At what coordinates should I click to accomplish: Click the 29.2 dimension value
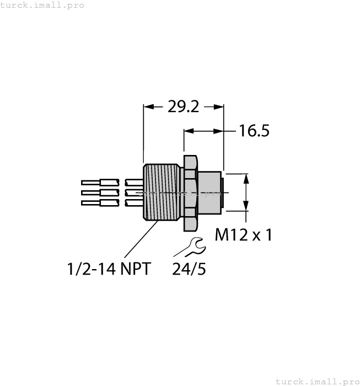click(x=183, y=106)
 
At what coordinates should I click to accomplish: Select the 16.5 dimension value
click(x=254, y=131)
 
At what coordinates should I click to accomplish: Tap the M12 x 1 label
click(x=243, y=235)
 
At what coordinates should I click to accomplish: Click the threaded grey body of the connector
click(x=160, y=192)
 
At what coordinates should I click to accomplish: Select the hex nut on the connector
click(x=189, y=192)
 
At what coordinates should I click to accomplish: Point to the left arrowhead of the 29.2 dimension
click(x=147, y=106)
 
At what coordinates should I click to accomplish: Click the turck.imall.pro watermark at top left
click(x=42, y=5)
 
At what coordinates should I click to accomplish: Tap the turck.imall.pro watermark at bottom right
click(x=316, y=381)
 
